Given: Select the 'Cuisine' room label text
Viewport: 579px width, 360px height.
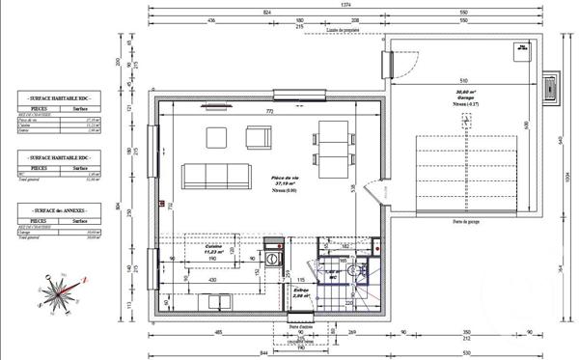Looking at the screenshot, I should [214, 247].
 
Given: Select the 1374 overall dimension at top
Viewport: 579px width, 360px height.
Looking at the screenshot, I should [345, 6].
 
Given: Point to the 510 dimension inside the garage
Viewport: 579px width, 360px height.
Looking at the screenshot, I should [463, 82].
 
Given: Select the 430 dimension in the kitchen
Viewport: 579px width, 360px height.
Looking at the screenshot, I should [211, 280].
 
